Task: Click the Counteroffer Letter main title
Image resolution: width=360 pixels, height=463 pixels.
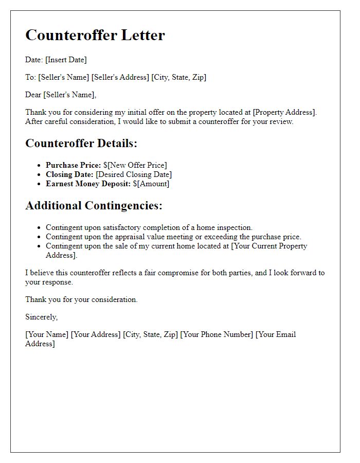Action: pos(95,35)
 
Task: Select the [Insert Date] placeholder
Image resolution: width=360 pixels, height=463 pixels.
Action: pos(66,60)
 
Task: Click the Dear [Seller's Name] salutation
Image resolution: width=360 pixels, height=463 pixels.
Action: pos(61,95)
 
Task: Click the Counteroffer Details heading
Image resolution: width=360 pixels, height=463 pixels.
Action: pos(81,144)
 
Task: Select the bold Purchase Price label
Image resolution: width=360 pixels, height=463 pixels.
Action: pos(73,165)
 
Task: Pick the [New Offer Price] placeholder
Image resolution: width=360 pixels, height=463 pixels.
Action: pos(137,165)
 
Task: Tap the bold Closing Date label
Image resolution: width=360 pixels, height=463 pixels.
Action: pos(69,174)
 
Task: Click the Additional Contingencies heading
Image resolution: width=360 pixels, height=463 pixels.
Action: pos(94,206)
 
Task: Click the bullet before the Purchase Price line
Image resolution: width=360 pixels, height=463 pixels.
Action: pos(39,166)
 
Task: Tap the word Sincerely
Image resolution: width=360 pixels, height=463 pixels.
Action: pos(42,317)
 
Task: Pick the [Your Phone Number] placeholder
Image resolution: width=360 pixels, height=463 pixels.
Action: pos(217,334)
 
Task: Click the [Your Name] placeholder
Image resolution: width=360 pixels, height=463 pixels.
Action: pos(47,334)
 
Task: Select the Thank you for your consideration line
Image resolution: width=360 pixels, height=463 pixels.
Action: pos(81,299)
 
